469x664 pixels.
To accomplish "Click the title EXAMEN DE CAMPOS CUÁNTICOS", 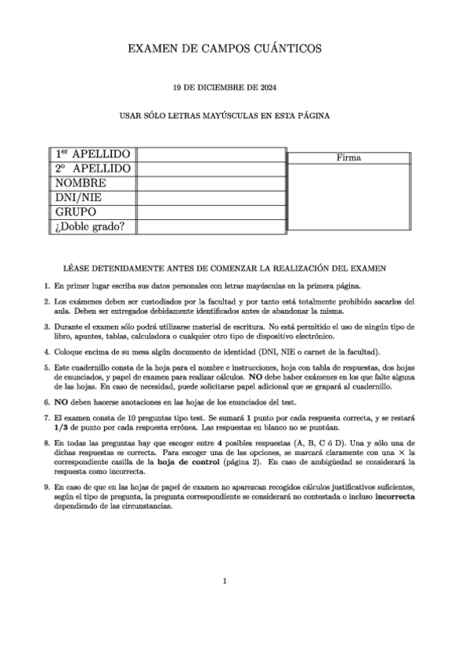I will coord(224,49).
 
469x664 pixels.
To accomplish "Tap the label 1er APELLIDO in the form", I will coord(92,154).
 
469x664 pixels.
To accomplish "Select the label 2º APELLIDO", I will coord(92,169).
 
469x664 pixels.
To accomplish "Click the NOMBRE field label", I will coord(81,183).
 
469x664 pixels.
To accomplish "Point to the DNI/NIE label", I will coord(81,198).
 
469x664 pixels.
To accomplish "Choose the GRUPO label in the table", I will coord(76,212).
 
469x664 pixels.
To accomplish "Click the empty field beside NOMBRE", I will coord(211,183).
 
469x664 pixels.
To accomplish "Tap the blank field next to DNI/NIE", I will coord(211,198).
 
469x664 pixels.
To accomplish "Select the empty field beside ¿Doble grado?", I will coord(211,227).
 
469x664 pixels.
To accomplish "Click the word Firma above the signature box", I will coord(348,157).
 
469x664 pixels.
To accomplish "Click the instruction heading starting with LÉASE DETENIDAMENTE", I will coord(224,269).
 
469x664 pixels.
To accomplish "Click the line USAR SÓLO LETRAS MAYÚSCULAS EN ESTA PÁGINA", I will coord(224,115).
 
